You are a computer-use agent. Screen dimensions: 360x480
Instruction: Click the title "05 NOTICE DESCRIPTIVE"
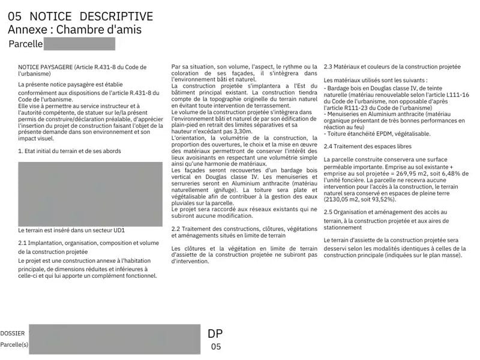pyautogui.click(x=80, y=16)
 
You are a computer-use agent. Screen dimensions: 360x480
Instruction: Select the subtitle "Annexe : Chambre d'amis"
pyautogui.click(x=75, y=29)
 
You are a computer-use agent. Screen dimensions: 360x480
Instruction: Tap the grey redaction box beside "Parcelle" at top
pyautogui.click(x=79, y=44)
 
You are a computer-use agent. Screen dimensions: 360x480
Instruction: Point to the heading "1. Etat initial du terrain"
pyautogui.click(x=70, y=151)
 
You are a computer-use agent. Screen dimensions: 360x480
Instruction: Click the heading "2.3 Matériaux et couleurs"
pyautogui.click(x=392, y=67)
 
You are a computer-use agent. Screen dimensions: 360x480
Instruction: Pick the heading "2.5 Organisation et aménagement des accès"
pyautogui.click(x=385, y=212)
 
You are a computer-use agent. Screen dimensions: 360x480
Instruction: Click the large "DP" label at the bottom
pyautogui.click(x=215, y=334)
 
